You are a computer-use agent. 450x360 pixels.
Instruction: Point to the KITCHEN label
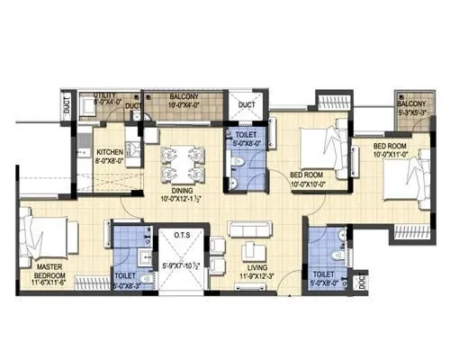[x=111, y=152]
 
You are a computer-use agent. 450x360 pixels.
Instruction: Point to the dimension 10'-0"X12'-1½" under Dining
[x=180, y=199]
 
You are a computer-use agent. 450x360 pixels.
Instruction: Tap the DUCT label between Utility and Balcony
[x=133, y=105]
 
